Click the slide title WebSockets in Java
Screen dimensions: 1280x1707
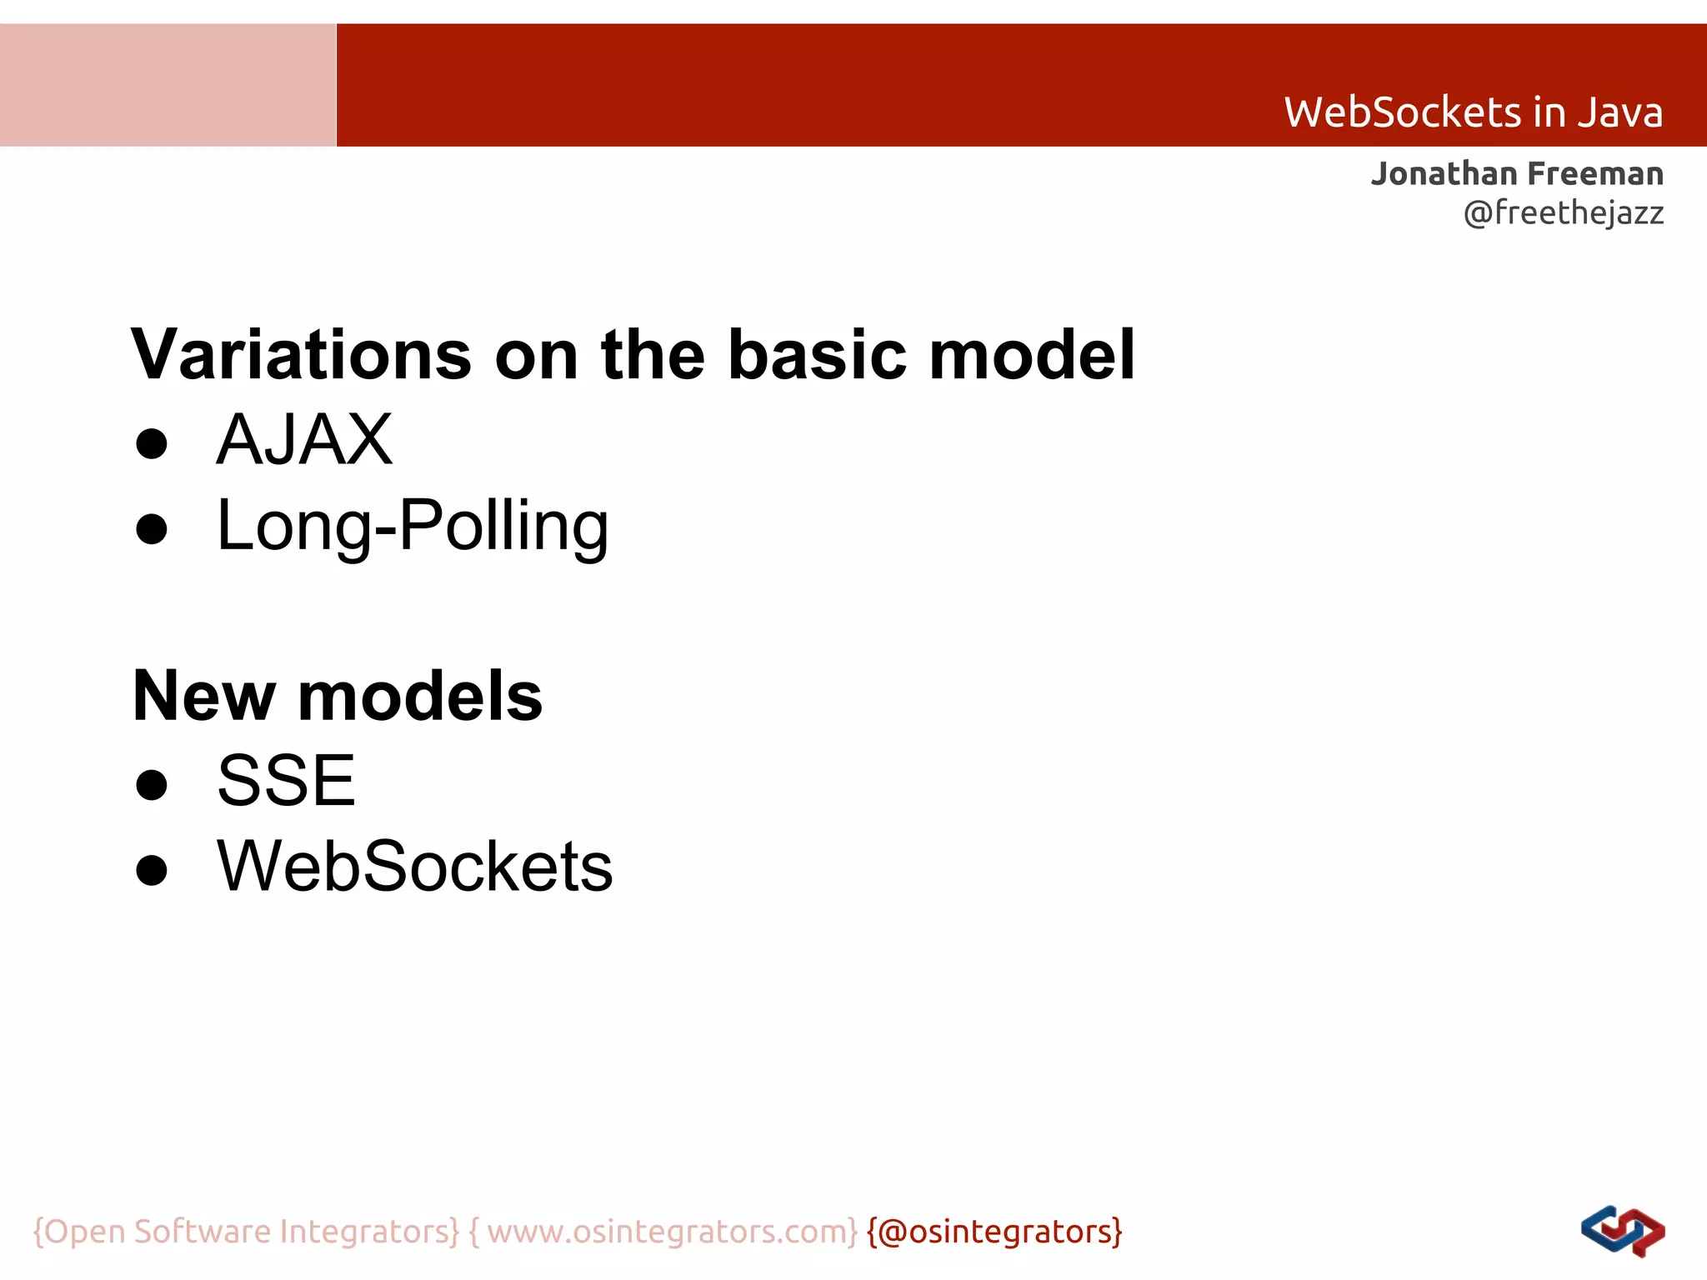click(1473, 112)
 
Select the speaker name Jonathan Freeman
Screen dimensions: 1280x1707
click(1517, 174)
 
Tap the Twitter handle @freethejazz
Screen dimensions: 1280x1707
click(1564, 213)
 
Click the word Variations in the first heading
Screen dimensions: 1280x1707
click(301, 355)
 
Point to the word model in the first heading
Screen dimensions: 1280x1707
click(1032, 355)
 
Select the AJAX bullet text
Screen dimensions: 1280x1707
click(304, 440)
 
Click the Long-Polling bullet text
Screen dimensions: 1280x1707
click(413, 526)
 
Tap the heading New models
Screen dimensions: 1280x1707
click(338, 696)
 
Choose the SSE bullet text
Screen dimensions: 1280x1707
click(286, 781)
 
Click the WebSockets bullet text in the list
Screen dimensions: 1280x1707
click(414, 867)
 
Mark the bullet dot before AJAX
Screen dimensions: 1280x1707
click(152, 444)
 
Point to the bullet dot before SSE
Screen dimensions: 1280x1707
click(152, 784)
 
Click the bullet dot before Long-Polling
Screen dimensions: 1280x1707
click(152, 529)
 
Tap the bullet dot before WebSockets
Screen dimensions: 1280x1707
click(152, 870)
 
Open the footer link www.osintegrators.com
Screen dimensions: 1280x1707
click(672, 1232)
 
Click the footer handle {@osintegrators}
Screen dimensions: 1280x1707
click(994, 1232)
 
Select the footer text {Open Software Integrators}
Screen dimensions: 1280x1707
click(246, 1232)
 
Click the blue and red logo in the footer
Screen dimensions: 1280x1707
click(1622, 1232)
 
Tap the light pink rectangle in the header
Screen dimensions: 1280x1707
click(168, 85)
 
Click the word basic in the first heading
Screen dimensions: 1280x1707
click(817, 355)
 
